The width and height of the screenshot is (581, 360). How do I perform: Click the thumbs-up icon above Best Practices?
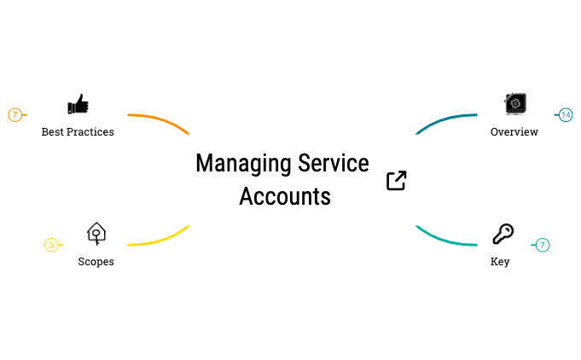[78, 104]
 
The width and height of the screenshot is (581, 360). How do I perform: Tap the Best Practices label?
[78, 132]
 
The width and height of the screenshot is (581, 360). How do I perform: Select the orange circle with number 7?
[15, 115]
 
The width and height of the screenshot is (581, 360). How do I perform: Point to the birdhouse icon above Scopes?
[96, 234]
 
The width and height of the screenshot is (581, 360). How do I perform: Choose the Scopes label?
[96, 262]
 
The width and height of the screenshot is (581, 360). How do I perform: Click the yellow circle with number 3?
[51, 245]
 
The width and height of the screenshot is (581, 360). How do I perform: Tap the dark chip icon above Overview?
[515, 104]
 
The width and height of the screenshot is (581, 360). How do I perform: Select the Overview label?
[514, 132]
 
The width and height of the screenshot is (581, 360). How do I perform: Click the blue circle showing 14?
[566, 115]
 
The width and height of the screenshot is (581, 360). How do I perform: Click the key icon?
[503, 234]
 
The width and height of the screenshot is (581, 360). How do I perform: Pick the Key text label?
[500, 262]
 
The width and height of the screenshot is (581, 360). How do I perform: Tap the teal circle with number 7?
[543, 245]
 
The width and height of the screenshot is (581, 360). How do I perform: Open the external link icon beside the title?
[397, 180]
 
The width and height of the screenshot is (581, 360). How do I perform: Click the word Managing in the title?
[244, 164]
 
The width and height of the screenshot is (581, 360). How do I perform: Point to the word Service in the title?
[334, 163]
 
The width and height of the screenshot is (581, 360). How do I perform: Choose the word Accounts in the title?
[285, 196]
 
